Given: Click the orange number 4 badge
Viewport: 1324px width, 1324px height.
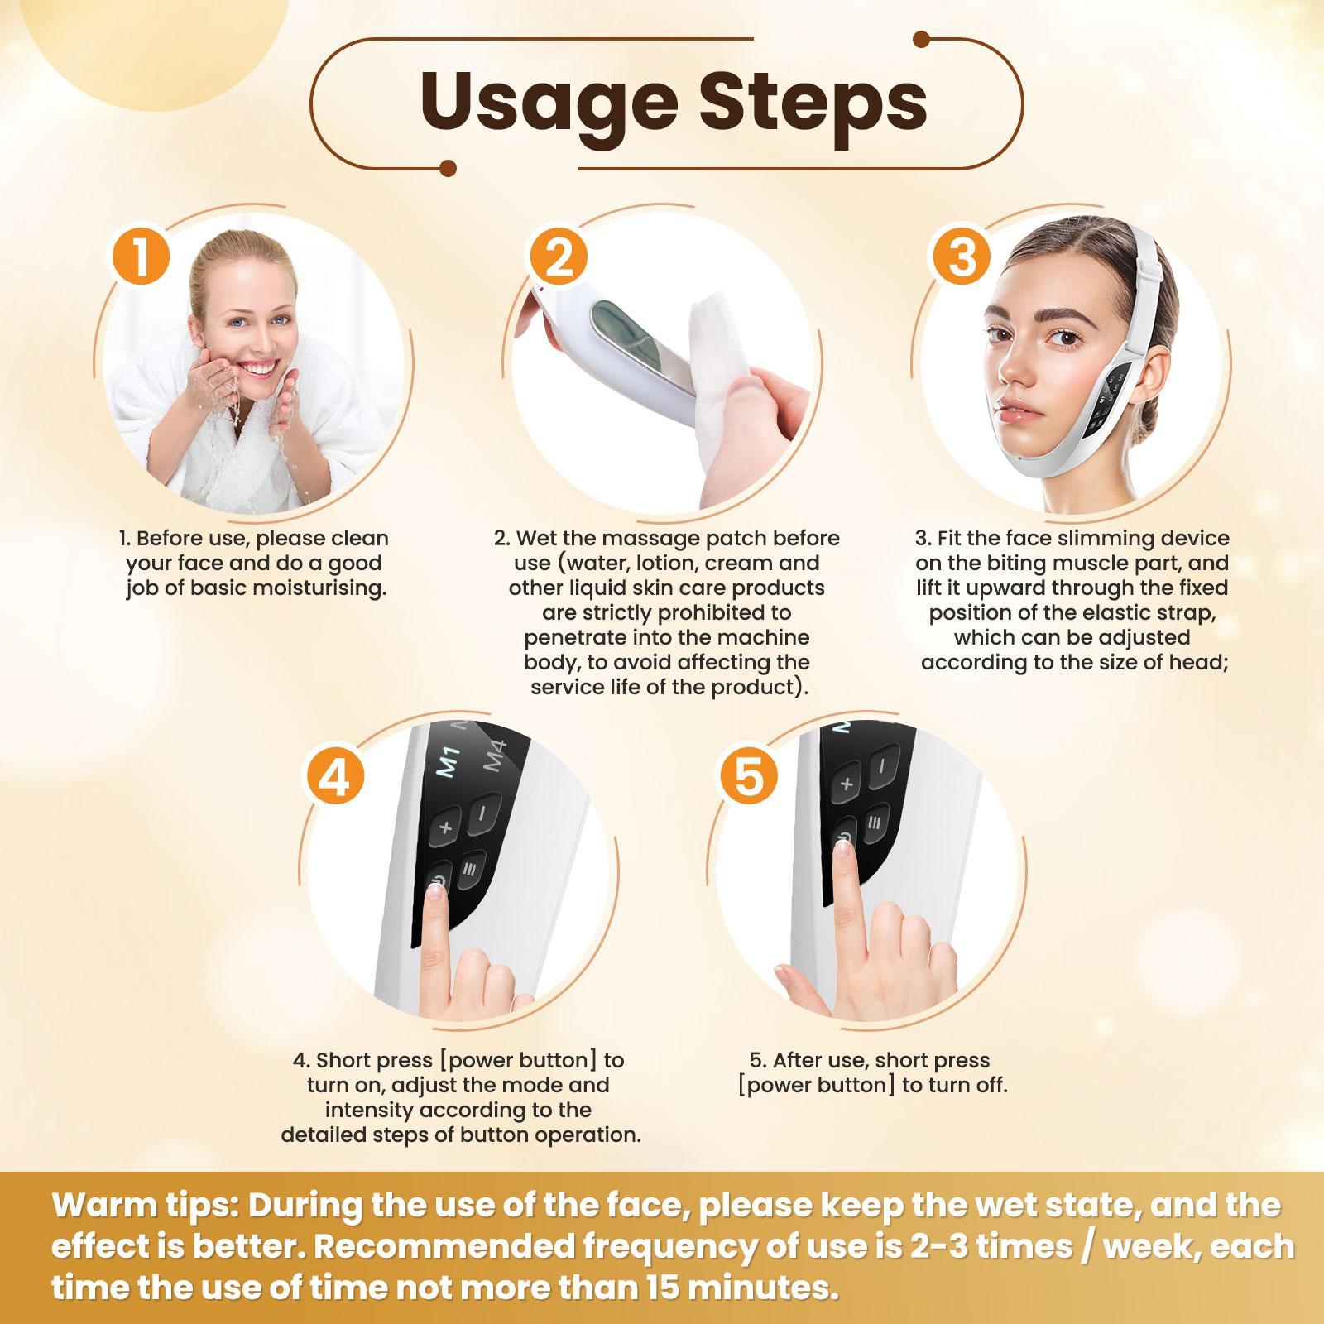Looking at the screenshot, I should (x=335, y=778).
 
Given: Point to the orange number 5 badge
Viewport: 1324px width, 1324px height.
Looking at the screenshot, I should (x=748, y=778).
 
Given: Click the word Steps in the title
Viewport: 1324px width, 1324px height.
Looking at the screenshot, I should (x=813, y=103).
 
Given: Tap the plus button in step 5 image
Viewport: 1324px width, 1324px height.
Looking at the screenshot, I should (x=847, y=784).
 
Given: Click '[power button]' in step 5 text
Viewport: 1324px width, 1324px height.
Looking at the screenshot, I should (x=816, y=1085).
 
